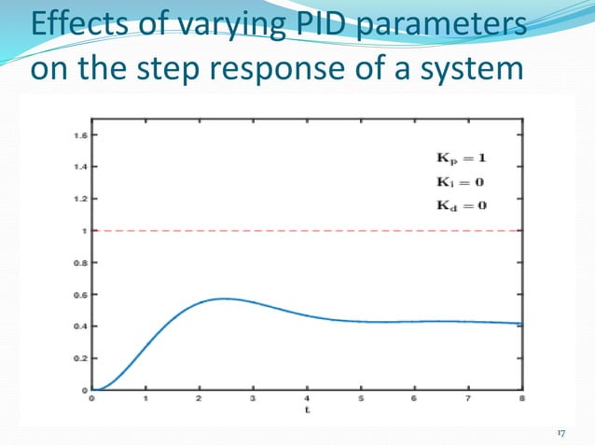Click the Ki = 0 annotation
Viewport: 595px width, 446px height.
coord(460,181)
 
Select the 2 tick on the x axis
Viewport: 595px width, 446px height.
coord(199,398)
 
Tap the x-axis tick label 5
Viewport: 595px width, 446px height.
coord(360,398)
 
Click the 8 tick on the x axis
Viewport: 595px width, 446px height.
coord(520,398)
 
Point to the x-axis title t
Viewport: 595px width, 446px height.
coord(306,410)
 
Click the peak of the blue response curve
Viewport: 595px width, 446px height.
coord(224,299)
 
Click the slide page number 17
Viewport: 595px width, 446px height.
coord(560,433)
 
